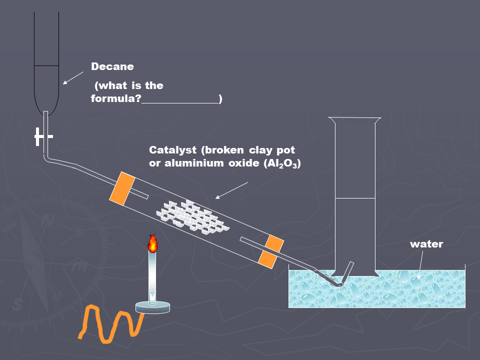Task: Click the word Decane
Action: click(x=112, y=66)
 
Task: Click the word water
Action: click(x=426, y=244)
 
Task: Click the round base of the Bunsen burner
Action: click(x=153, y=307)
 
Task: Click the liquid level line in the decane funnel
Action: click(x=46, y=65)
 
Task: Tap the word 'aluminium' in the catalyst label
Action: click(x=192, y=163)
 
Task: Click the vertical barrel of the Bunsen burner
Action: click(x=152, y=275)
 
